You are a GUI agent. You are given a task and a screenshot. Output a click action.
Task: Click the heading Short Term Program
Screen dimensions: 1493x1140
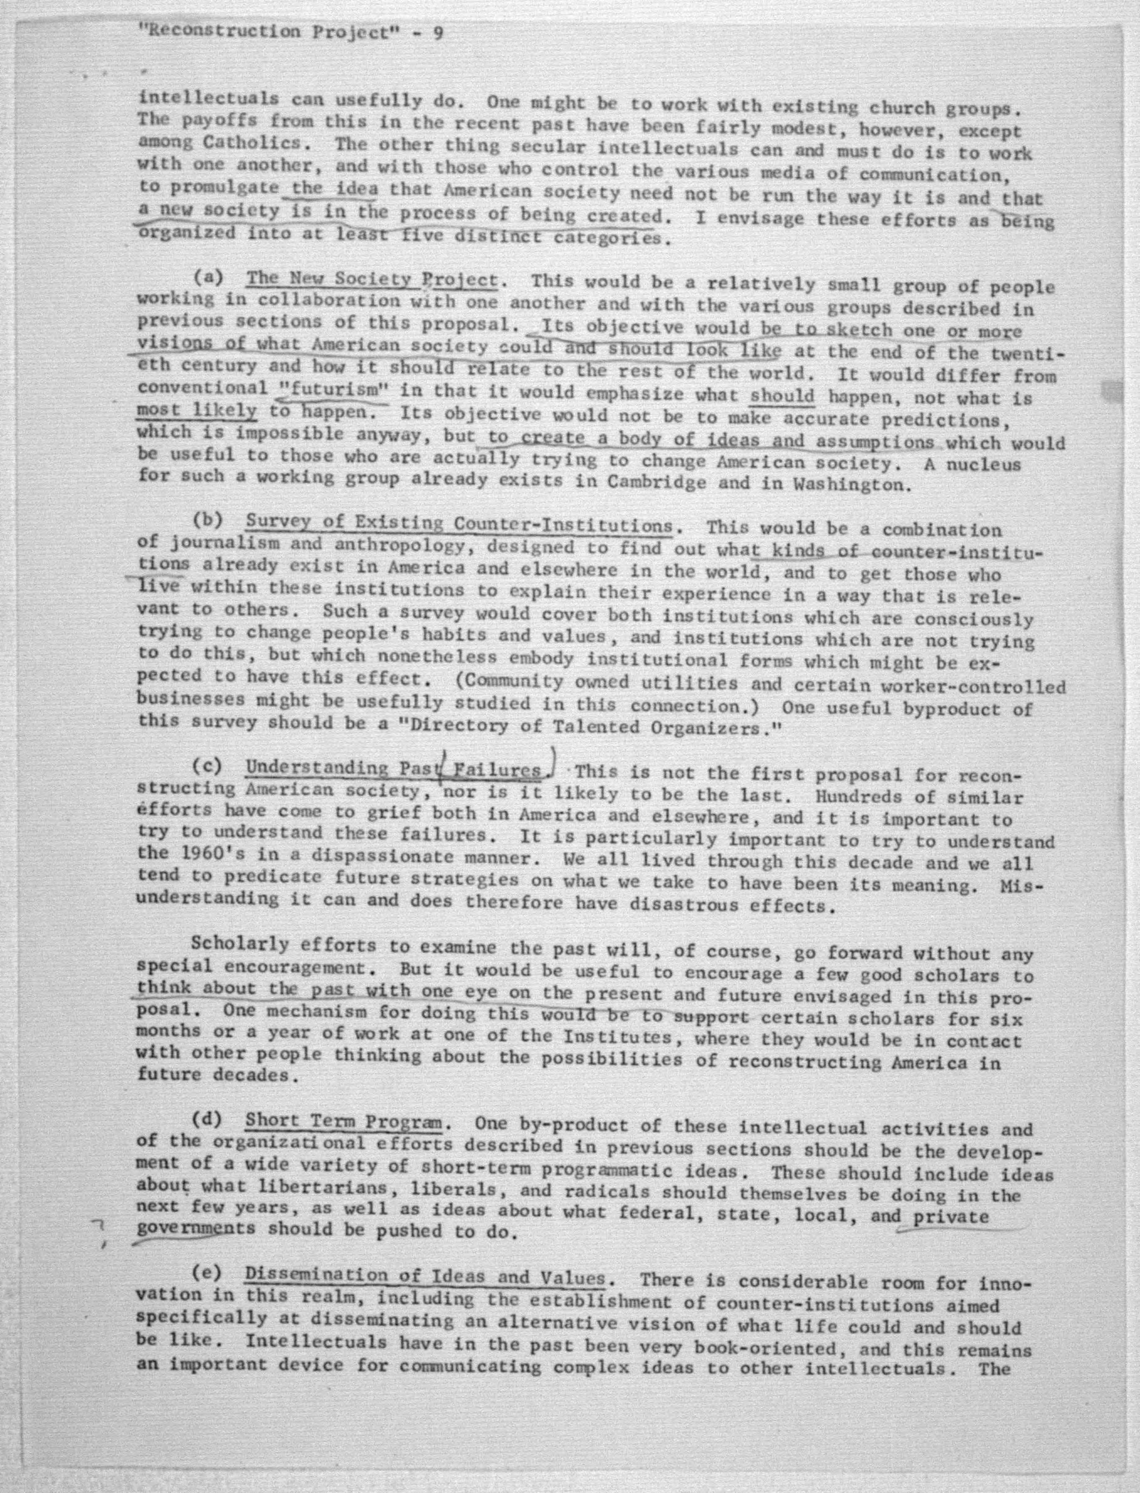pyautogui.click(x=345, y=1119)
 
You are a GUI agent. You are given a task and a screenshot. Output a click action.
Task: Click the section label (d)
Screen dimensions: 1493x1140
pyautogui.click(x=207, y=1118)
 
